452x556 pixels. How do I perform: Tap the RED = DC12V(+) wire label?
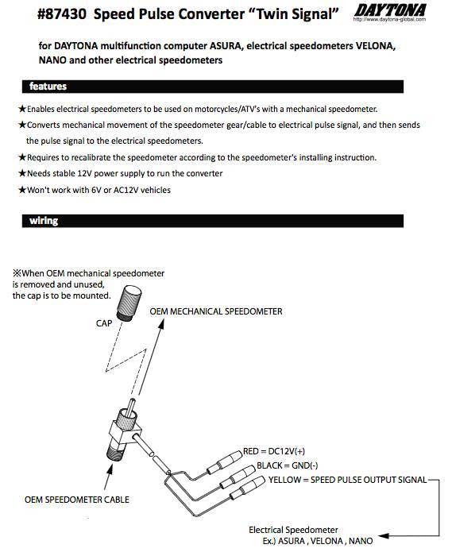(x=273, y=451)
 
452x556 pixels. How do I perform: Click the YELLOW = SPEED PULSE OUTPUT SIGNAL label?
(x=347, y=480)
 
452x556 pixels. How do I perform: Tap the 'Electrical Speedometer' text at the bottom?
(x=293, y=529)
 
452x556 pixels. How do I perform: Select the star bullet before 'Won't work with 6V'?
(x=21, y=190)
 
